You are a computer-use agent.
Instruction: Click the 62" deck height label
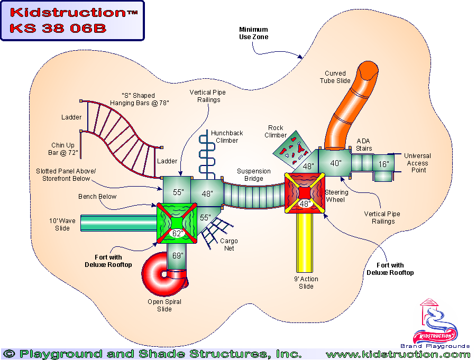[178, 233]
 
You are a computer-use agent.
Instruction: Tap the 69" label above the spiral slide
[178, 256]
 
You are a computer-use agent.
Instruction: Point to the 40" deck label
[336, 163]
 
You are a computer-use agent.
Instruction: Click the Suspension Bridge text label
[254, 175]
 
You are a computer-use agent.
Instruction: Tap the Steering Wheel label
[336, 196]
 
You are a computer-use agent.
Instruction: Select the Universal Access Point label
[417, 163]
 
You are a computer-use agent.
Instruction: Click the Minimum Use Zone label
[253, 33]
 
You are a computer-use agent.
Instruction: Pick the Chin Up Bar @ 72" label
[65, 149]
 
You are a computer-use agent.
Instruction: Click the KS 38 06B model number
[58, 28]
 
